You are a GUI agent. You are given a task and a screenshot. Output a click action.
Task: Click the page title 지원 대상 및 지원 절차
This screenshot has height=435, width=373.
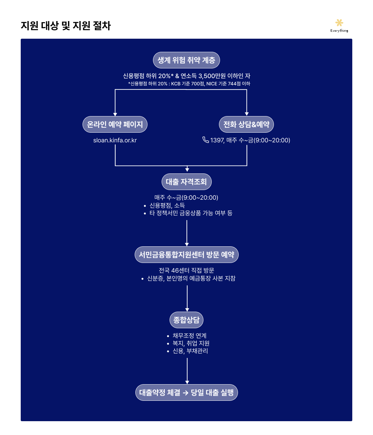point(66,26)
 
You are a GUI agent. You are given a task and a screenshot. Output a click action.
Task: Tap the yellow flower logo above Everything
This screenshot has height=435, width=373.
point(339,23)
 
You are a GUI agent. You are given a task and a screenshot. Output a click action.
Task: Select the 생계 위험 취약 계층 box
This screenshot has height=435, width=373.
point(186,60)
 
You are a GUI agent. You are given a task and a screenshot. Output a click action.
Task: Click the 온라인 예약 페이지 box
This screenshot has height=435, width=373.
point(115,124)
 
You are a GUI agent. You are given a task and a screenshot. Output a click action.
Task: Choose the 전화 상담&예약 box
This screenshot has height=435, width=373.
point(246,124)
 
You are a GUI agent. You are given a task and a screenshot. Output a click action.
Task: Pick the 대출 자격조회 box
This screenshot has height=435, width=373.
point(186,182)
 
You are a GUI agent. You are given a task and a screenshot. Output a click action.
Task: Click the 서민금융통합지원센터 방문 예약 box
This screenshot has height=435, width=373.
point(186,255)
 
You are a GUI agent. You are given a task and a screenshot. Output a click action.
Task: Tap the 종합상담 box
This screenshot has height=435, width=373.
point(186,320)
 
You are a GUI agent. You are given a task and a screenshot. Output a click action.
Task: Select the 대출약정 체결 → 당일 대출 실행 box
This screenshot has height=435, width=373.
point(186,393)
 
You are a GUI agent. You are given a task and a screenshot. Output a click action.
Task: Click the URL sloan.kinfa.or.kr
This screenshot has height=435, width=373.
point(115,140)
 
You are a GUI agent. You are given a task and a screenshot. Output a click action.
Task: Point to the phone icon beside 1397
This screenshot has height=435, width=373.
point(205,140)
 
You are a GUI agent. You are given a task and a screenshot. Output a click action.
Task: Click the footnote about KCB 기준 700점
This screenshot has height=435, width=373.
point(189,84)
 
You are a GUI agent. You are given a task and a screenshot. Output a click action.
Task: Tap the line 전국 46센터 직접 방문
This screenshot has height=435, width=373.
point(186,270)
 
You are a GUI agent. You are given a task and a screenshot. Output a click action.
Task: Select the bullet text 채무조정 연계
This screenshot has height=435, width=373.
point(190,335)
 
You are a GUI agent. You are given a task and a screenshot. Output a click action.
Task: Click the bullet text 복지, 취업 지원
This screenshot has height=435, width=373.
point(191,343)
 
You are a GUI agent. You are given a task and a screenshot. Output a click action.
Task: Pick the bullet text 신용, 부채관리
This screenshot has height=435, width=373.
point(190,351)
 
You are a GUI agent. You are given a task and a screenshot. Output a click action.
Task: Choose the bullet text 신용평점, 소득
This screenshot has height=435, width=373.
point(167,205)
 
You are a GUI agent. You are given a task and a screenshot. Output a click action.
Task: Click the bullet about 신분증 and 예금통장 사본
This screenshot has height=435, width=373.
point(191,278)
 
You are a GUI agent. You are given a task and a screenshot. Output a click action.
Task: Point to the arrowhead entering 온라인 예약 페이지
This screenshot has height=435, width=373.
point(115,114)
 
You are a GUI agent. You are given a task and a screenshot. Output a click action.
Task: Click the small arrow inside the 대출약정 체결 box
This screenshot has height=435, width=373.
point(185,393)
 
